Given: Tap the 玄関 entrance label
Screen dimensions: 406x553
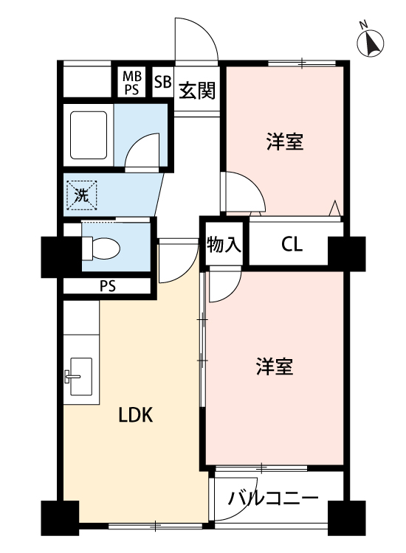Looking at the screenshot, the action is pyautogui.click(x=197, y=91).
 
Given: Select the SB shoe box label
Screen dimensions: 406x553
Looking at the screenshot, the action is pyautogui.click(x=162, y=82).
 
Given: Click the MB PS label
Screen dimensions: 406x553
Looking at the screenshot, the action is pyautogui.click(x=132, y=83).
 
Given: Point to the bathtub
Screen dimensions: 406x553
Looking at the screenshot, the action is pyautogui.click(x=89, y=135).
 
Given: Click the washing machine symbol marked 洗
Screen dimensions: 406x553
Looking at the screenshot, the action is pyautogui.click(x=82, y=195).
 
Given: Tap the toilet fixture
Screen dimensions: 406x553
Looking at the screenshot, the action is pyautogui.click(x=101, y=248).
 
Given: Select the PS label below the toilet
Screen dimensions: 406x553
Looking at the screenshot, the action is pyautogui.click(x=107, y=286).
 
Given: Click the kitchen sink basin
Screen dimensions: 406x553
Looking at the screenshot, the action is pyautogui.click(x=81, y=377).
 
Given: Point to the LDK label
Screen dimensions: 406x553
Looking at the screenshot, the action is pyautogui.click(x=136, y=414).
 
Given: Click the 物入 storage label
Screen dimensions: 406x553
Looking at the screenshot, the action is pyautogui.click(x=224, y=244).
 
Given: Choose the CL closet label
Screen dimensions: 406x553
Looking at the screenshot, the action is pyautogui.click(x=292, y=244).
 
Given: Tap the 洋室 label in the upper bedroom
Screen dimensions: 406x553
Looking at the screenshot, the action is pyautogui.click(x=285, y=142).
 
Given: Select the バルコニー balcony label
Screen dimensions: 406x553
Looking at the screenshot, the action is pyautogui.click(x=273, y=498).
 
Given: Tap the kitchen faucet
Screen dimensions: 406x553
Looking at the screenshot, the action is pyautogui.click(x=72, y=376).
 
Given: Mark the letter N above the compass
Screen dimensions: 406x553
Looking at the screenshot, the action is pyautogui.click(x=363, y=24).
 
